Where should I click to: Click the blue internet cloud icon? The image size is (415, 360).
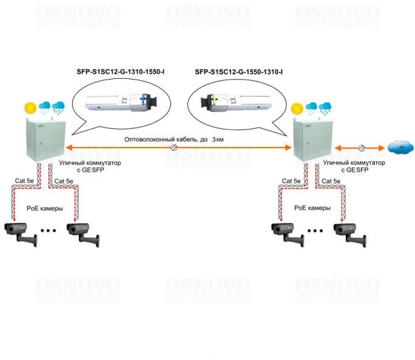tap(398, 146)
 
